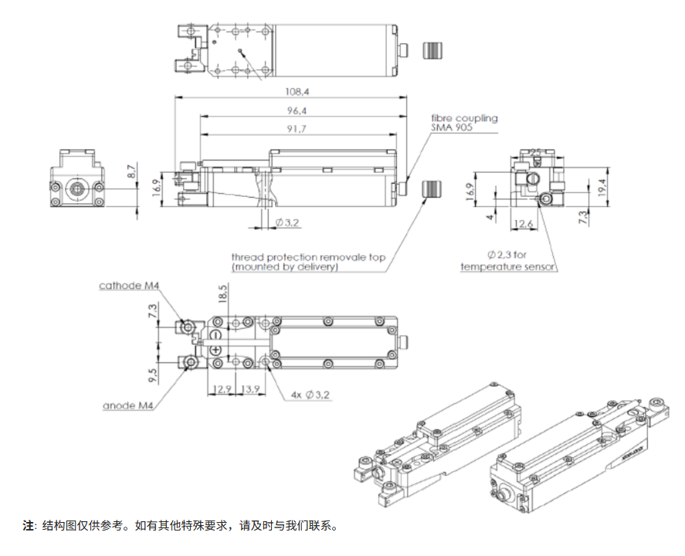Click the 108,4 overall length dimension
click(291, 91)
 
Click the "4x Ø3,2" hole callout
click(311, 395)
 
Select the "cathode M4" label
click(129, 286)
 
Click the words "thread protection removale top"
click(308, 257)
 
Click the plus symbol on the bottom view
click(217, 351)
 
